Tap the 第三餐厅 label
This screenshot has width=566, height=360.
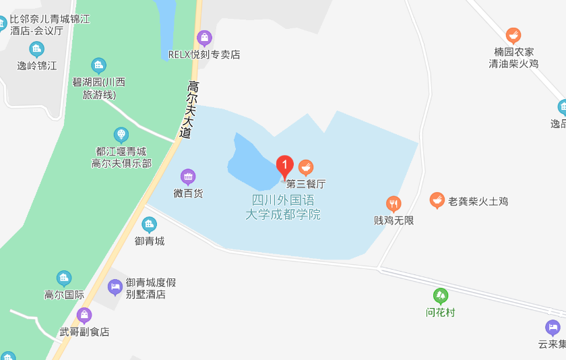click(x=306, y=183)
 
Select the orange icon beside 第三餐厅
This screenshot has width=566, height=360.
click(x=306, y=167)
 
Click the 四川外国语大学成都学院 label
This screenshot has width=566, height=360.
click(x=283, y=208)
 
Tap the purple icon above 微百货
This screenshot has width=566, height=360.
click(x=188, y=177)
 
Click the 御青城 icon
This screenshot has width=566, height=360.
click(x=150, y=224)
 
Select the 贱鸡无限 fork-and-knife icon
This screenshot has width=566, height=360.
click(x=394, y=204)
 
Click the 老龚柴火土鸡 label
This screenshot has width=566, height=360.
click(x=478, y=202)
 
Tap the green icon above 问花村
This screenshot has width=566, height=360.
click(x=441, y=295)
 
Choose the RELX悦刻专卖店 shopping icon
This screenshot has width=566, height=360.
click(x=204, y=38)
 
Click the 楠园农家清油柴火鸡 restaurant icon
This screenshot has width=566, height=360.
click(x=513, y=36)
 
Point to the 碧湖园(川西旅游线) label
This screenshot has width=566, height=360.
click(x=99, y=88)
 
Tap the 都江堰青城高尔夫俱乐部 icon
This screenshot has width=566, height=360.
click(x=121, y=135)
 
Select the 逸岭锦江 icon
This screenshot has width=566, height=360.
click(x=36, y=49)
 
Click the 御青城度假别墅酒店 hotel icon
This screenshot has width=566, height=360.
click(x=116, y=287)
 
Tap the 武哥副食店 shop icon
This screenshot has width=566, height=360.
click(x=84, y=315)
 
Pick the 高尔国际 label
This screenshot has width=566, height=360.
click(x=64, y=295)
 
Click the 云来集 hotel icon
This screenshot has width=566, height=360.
click(x=553, y=328)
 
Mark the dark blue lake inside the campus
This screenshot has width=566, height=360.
click(x=251, y=164)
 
